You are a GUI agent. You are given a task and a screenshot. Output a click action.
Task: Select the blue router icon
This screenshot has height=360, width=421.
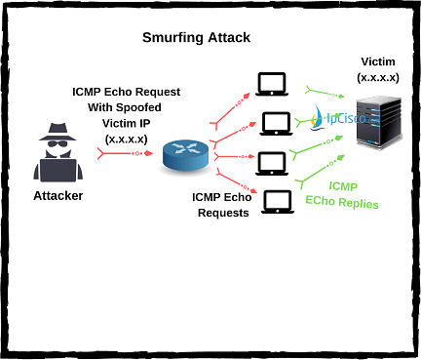(185, 154)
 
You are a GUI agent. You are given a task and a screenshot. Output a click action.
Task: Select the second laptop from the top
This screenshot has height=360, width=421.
(275, 123)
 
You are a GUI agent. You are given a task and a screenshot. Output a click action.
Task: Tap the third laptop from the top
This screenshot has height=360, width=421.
(274, 161)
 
